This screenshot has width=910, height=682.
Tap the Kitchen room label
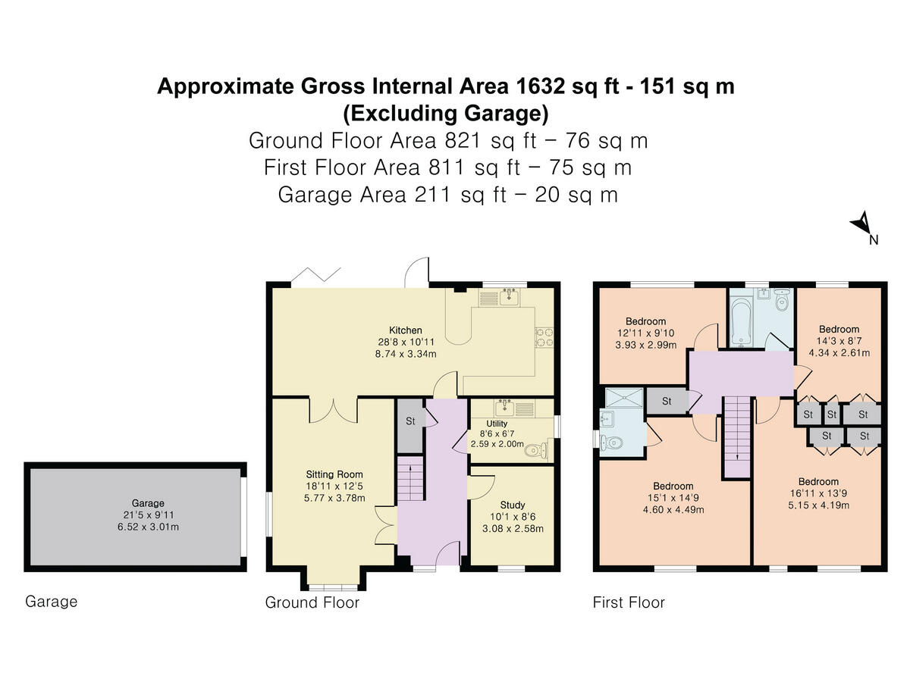click(405, 330)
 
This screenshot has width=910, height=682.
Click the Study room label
click(512, 505)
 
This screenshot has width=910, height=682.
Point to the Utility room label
click(497, 423)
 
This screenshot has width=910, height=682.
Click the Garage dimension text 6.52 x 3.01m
click(136, 526)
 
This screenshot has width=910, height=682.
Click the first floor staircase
click(735, 436)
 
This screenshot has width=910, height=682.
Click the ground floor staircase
click(408, 480)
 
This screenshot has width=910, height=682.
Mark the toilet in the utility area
click(536, 451)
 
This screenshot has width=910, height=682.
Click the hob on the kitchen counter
click(544, 336)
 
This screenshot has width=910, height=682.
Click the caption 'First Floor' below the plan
click(628, 602)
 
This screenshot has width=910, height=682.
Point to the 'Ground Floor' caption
click(312, 602)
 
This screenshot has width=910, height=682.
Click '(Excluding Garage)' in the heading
click(445, 114)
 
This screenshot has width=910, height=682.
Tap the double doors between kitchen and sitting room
click(332, 409)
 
